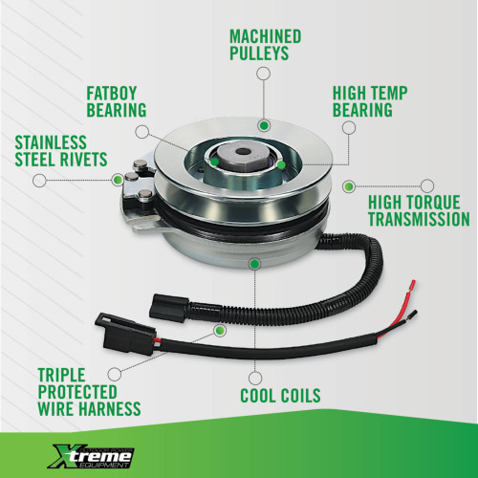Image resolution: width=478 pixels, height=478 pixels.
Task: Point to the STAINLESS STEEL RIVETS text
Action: [x=60, y=152]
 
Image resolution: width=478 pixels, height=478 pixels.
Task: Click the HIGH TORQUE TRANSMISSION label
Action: [x=420, y=210]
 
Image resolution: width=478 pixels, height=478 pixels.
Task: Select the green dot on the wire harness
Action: [x=220, y=331]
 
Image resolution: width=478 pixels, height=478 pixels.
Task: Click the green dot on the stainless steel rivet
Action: [x=118, y=178]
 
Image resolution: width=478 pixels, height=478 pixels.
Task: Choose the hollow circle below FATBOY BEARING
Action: [x=142, y=129]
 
